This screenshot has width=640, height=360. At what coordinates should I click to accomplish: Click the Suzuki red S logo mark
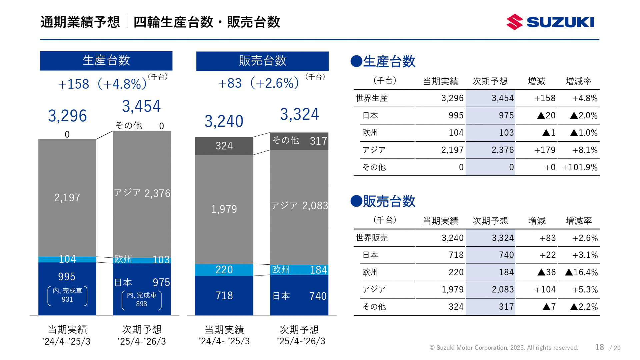tap(515, 22)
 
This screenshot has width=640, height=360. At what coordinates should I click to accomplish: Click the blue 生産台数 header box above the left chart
tap(106, 61)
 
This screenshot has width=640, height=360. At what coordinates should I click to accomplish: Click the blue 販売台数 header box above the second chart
tap(262, 61)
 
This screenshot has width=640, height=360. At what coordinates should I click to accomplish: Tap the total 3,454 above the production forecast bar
tap(141, 106)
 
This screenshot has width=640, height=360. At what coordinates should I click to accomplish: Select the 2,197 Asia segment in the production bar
tap(67, 198)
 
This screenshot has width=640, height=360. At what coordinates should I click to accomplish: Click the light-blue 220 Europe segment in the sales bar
tap(224, 270)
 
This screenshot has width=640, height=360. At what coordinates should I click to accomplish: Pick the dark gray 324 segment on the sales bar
tap(224, 146)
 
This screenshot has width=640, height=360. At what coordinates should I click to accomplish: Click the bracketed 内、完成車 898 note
tap(142, 299)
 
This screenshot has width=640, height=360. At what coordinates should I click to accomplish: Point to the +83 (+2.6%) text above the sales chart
tap(258, 83)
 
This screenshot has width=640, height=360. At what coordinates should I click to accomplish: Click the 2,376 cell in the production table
tap(502, 150)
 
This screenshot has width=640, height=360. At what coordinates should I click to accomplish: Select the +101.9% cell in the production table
tap(580, 167)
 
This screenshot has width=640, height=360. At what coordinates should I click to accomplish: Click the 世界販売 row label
tap(372, 238)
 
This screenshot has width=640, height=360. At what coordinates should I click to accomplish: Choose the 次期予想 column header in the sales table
tap(490, 221)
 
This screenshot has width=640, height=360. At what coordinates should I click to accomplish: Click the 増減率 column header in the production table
tap(579, 81)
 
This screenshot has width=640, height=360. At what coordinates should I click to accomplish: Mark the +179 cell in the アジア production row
tap(545, 150)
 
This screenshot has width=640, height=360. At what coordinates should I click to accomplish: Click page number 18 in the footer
tap(599, 347)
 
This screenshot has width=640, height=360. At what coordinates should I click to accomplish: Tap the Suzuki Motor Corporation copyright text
tap(504, 348)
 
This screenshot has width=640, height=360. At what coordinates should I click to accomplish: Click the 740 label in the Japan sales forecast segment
tap(318, 296)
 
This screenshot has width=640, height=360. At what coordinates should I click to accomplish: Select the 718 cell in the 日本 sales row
tap(456, 255)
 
